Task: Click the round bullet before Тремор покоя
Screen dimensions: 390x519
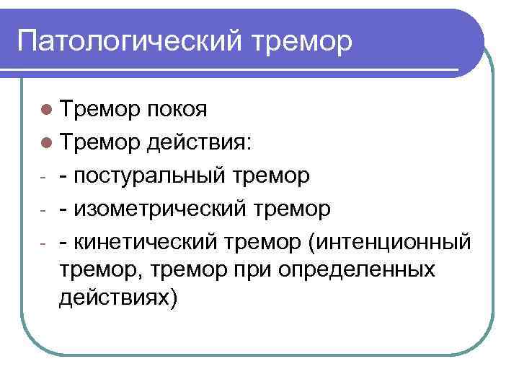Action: click(46, 110)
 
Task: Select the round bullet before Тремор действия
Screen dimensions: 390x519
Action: click(46, 143)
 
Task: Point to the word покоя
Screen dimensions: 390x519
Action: click(177, 110)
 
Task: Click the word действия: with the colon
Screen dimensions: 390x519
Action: click(200, 143)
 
